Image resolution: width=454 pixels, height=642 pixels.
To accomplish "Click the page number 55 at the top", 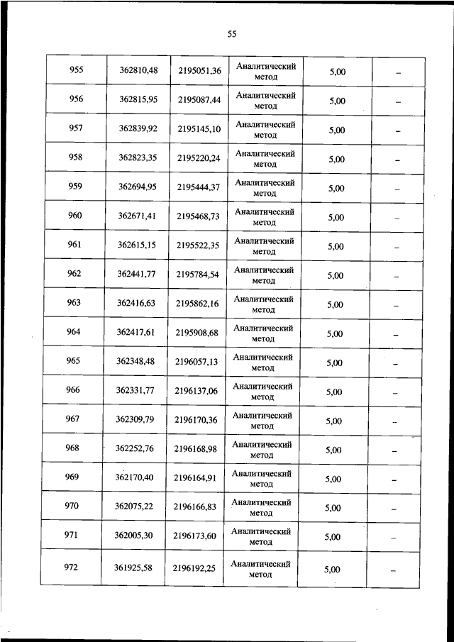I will pyautogui.click(x=231, y=33).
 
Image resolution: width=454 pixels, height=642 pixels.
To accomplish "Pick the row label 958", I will pyautogui.click(x=76, y=157).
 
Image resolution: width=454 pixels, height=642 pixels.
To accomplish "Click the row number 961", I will pyautogui.click(x=74, y=245).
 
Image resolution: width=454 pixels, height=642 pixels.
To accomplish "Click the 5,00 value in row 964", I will pyautogui.click(x=335, y=334).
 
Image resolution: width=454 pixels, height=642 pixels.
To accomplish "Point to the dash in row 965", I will pyautogui.click(x=397, y=364).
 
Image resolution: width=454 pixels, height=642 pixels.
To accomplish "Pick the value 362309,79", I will pyautogui.click(x=135, y=419).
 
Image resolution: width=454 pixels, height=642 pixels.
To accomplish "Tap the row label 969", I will pyautogui.click(x=72, y=477).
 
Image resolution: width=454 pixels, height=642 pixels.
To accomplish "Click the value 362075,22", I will pyautogui.click(x=133, y=507).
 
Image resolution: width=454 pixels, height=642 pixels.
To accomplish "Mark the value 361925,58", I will pyautogui.click(x=133, y=568).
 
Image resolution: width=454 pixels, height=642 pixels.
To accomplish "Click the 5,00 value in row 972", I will pyautogui.click(x=331, y=569).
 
